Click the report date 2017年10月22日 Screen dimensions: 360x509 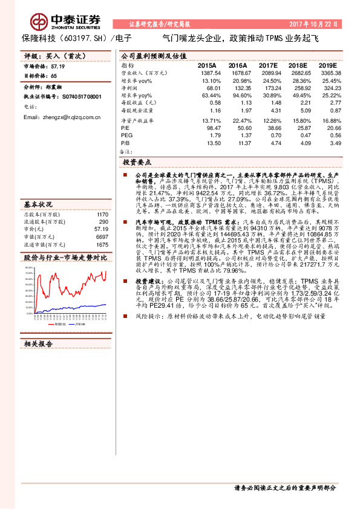coord(322,24)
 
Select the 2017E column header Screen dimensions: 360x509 coord(267,65)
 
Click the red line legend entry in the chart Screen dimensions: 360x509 coord(60,324)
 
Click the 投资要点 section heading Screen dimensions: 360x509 coord(137,163)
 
